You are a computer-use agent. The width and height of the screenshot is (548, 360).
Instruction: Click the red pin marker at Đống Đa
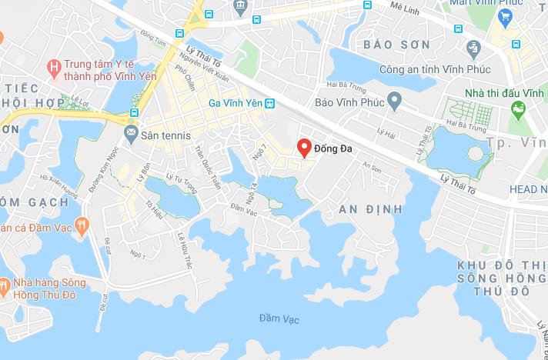pos(304,147)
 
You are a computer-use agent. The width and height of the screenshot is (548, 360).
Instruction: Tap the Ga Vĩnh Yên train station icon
pos(269,103)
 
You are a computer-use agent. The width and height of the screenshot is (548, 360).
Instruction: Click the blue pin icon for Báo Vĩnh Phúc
pos(395,100)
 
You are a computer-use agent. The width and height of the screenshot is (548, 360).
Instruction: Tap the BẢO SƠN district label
pos(408,45)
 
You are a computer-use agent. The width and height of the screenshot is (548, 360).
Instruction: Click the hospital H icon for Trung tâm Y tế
pos(53,67)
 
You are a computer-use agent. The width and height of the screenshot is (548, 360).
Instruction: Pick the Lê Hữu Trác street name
pos(184,251)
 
